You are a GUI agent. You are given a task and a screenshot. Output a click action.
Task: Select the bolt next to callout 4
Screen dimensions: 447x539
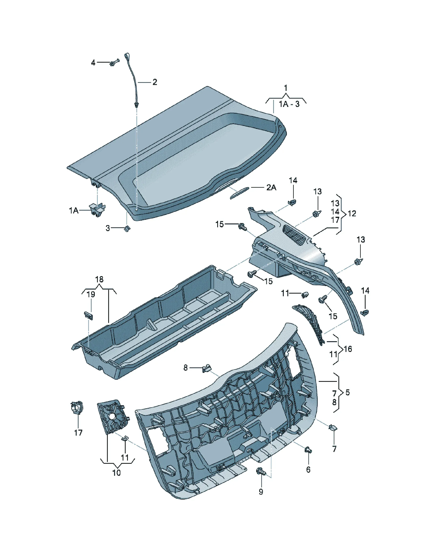[114, 62]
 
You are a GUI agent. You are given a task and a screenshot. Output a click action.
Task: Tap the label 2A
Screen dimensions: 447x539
[271, 188]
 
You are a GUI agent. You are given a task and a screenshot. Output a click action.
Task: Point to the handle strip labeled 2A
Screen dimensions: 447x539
[239, 193]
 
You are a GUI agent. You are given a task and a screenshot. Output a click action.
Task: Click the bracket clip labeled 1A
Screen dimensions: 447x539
[97, 210]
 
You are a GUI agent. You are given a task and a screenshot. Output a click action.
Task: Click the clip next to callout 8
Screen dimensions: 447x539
[207, 369]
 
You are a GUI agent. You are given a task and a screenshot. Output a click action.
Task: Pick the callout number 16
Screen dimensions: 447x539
[348, 349]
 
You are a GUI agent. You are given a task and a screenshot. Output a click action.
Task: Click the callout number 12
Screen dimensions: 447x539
[352, 213]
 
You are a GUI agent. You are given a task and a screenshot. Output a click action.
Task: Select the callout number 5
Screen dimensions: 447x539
[348, 392]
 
